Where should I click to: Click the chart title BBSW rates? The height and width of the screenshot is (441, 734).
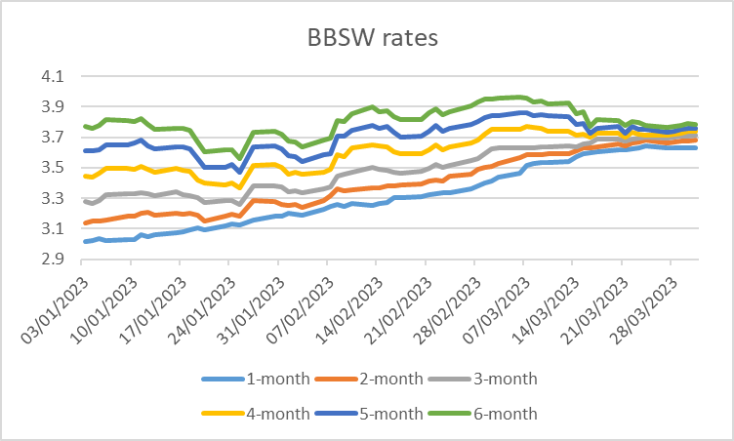[367, 38]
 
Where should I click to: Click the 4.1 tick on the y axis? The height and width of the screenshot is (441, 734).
[51, 76]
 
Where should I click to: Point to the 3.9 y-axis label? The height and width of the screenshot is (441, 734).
[51, 106]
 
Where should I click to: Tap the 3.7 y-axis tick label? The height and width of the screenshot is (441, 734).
[51, 138]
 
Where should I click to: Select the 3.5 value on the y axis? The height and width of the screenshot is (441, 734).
[51, 168]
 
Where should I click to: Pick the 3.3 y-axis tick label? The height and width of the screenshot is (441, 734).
[51, 198]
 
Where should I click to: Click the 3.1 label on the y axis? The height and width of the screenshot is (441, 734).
[51, 229]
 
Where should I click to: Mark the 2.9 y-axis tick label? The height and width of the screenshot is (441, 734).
[51, 260]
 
